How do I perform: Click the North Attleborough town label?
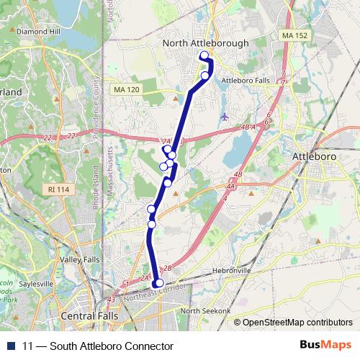coord(206,43)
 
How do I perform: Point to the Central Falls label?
coord(90,315)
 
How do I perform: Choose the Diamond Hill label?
coord(37,32)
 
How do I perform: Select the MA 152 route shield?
coord(294,35)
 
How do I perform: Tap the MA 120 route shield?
coord(125,89)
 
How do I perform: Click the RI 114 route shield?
coord(60,189)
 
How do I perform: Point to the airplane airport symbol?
coord(225,116)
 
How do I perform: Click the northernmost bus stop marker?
coord(204,55)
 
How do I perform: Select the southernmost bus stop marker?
coord(159,283)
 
